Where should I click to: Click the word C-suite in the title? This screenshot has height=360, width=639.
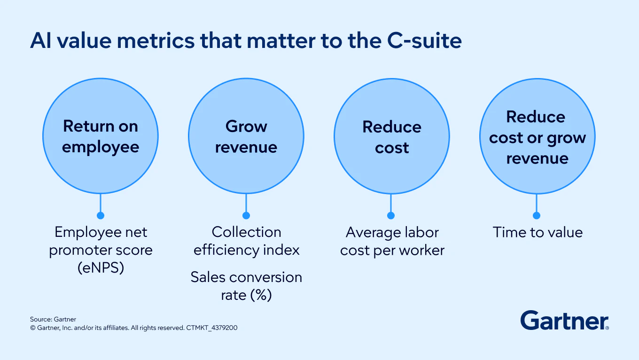coord(424,40)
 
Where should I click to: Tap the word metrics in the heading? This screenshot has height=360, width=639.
coord(156,40)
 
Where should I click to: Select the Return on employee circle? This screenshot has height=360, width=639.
coord(101,136)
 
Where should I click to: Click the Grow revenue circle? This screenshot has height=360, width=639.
coord(246,136)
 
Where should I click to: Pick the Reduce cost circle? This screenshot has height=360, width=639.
coord(392,136)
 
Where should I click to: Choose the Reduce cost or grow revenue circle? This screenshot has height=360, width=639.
coord(537,136)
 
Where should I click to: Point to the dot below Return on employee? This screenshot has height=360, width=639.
coord(101,215)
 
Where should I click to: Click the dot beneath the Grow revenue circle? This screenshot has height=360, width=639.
coord(246,215)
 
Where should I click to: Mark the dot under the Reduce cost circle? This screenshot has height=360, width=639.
coord(391,215)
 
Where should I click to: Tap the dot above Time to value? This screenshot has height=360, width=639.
coord(537,215)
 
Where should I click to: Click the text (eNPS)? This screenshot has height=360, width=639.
coord(101,268)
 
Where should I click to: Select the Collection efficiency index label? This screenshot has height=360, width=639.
coord(247,241)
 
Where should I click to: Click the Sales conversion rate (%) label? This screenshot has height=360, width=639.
coord(247,286)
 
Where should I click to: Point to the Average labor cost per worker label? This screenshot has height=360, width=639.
coord(392,241)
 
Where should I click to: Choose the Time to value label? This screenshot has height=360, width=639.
coord(538,232)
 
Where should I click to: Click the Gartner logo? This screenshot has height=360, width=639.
coord(565,321)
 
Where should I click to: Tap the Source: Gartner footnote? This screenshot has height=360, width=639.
coord(53,319)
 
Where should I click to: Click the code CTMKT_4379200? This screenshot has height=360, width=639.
coord(211,328)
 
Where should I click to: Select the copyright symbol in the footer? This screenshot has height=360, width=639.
coord(33,328)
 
